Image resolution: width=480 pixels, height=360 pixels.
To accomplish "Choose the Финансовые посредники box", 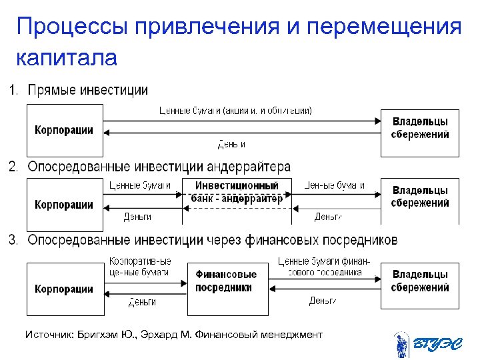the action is [x=226, y=281].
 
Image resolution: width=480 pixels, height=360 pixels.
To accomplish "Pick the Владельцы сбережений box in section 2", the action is [x=419, y=197].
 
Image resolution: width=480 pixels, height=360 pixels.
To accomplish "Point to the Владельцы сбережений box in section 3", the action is [x=419, y=281].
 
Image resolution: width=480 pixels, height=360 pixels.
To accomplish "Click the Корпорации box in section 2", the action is [x=64, y=204].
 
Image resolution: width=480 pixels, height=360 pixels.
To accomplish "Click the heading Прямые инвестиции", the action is [x=87, y=90].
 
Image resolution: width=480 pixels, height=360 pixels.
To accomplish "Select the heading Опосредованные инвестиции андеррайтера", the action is [x=159, y=166].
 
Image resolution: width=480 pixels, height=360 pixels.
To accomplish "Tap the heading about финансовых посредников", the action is [x=212, y=239].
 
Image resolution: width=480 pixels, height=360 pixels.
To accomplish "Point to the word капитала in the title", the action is [x=66, y=58].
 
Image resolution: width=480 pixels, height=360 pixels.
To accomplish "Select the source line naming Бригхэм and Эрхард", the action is [x=173, y=334].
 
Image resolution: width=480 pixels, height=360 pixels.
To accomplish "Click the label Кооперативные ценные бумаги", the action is [x=139, y=267].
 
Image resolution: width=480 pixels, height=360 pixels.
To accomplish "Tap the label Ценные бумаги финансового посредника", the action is [x=324, y=267].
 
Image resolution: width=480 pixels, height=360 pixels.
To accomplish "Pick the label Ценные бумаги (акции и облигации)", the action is [x=235, y=110].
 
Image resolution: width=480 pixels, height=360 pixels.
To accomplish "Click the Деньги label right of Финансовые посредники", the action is [x=323, y=301].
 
